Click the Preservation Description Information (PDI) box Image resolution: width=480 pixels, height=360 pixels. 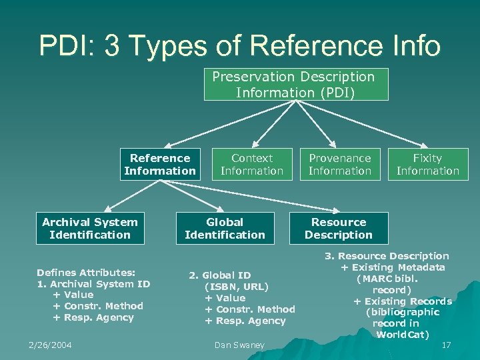click(293, 84)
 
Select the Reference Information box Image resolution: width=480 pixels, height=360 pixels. click(160, 164)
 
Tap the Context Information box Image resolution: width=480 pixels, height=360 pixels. click(252, 164)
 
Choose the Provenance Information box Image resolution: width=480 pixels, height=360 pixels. click(340, 164)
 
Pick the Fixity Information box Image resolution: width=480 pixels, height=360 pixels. click(428, 164)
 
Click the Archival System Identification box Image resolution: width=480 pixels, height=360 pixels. click(89, 228)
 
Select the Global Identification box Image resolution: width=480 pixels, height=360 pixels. click(225, 228)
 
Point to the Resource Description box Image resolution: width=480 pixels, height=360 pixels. click(339, 228)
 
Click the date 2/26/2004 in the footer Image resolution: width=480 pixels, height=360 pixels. click(50, 345)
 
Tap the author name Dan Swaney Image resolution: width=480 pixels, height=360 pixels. click(239, 345)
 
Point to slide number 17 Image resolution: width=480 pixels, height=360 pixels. click(446, 345)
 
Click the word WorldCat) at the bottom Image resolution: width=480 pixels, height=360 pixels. click(403, 334)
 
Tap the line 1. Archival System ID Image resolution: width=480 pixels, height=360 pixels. click(93, 283)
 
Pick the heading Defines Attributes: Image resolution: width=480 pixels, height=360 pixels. click(86, 272)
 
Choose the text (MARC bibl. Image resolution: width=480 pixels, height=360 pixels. click(387, 279)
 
